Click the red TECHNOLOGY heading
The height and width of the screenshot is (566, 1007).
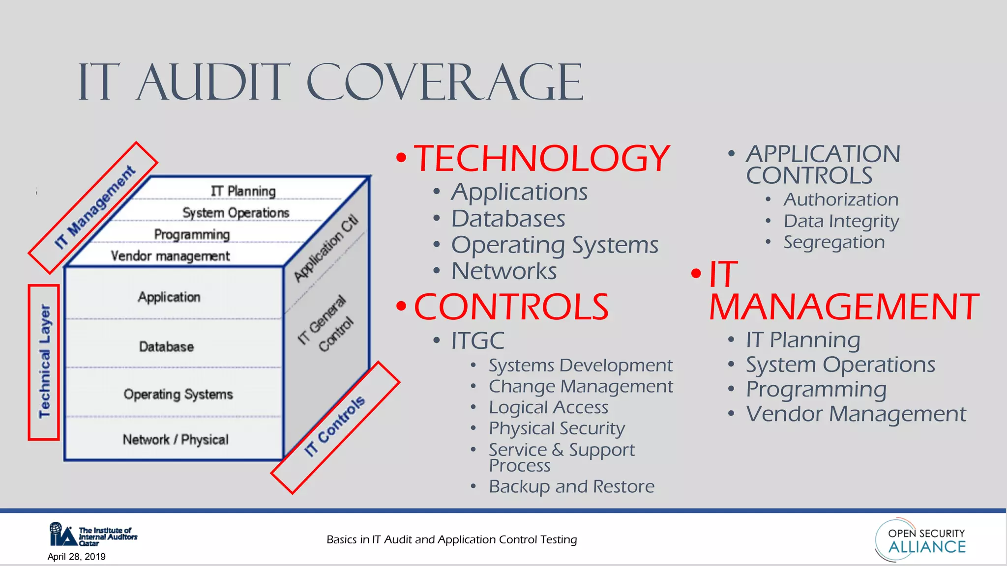[x=541, y=159]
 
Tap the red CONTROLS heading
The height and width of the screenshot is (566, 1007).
[x=511, y=307]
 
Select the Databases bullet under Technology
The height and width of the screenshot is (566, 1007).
[x=508, y=219]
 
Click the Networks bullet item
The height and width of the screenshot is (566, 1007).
[x=504, y=271]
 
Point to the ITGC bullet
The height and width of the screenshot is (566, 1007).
[x=478, y=340]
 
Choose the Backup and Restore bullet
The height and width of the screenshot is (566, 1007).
[x=571, y=486]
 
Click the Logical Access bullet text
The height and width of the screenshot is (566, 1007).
[x=548, y=407]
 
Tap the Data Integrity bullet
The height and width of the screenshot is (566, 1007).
[x=841, y=221]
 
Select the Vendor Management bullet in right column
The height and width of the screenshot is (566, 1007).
[x=856, y=414]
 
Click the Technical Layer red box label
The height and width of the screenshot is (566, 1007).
[x=44, y=362]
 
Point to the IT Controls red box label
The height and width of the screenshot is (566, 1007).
[x=335, y=427]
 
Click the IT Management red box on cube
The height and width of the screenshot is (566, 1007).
[x=93, y=207]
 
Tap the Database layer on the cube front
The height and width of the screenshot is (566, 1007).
[x=166, y=347]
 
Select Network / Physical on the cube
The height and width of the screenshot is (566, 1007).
[x=176, y=439]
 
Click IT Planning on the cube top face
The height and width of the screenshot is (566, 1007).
[x=243, y=191]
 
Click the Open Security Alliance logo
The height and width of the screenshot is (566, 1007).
[x=920, y=540]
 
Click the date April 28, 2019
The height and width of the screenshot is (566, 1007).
[x=76, y=557]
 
